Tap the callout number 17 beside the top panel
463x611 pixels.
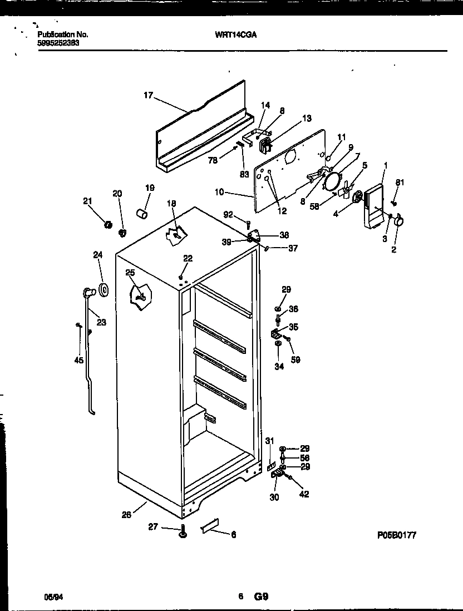tap(147, 96)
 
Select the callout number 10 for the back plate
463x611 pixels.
tap(219, 193)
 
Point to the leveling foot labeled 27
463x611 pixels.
tap(183, 534)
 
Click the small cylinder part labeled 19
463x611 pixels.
tap(142, 213)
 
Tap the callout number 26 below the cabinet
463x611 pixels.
tap(127, 515)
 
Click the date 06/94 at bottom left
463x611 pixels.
tap(52, 597)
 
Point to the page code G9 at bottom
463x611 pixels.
tap(262, 597)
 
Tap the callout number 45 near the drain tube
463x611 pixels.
tap(78, 361)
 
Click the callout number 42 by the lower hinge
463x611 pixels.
tap(304, 494)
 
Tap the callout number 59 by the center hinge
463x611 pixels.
tap(297, 360)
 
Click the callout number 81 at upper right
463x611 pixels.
tap(399, 183)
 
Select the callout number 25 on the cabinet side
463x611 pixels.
tap(130, 273)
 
